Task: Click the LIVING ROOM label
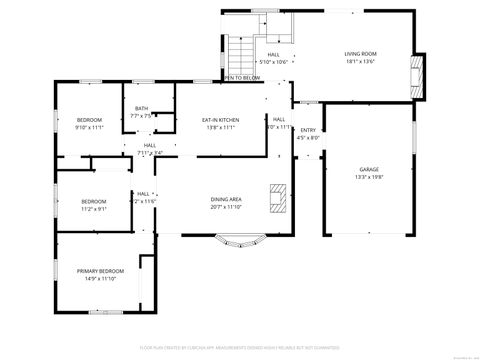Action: (x=360, y=54)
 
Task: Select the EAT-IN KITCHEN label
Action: (x=222, y=120)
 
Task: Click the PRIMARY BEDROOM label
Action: (x=101, y=271)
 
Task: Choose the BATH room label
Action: (x=142, y=109)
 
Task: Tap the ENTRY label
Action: (x=309, y=130)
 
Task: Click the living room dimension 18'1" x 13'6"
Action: (x=360, y=62)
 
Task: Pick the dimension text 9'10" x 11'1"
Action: (x=89, y=128)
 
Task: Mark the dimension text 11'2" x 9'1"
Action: (x=94, y=209)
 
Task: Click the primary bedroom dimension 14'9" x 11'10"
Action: (x=101, y=279)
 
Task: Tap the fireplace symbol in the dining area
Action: (x=277, y=198)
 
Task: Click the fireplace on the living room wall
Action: (x=418, y=71)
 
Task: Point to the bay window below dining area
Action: (x=237, y=240)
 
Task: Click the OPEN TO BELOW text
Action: (x=242, y=78)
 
